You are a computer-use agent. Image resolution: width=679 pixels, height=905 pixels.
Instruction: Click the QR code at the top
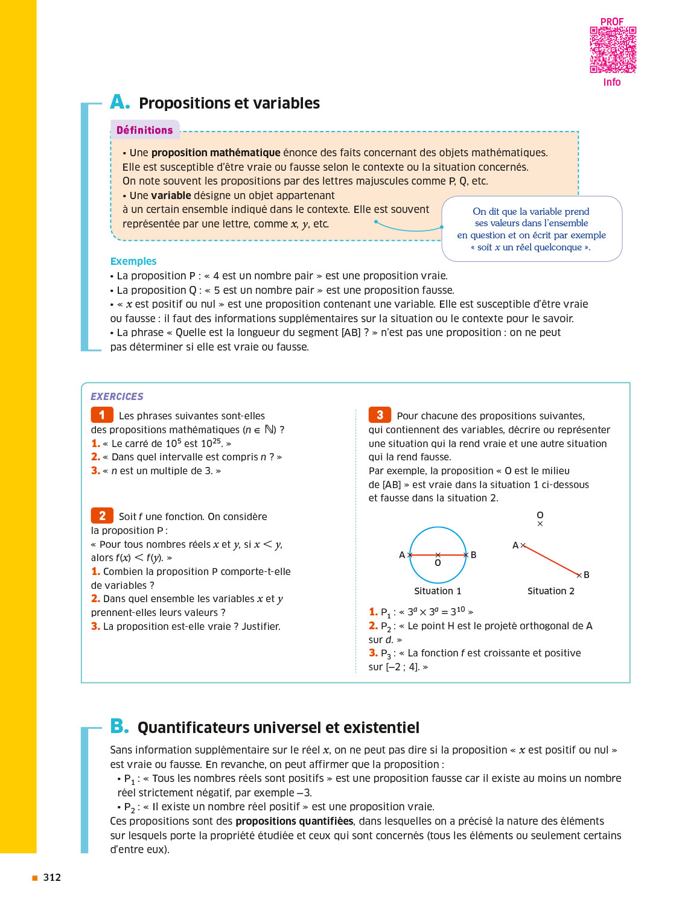[613, 50]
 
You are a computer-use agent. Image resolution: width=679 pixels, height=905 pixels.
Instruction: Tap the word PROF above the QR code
[612, 22]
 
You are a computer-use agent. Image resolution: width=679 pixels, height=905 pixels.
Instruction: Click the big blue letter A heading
[120, 102]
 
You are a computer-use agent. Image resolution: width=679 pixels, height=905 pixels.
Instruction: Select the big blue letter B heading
[120, 726]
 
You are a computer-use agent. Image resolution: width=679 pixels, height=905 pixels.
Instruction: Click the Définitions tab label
[144, 130]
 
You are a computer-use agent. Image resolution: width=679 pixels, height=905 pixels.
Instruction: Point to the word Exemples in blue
[133, 261]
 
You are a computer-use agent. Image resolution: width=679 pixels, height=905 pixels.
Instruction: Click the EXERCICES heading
[117, 396]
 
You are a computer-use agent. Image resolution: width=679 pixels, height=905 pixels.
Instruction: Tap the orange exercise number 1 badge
[102, 415]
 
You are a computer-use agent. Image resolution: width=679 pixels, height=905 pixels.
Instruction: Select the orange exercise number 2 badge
[102, 516]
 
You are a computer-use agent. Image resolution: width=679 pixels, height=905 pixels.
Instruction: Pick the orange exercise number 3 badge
[380, 415]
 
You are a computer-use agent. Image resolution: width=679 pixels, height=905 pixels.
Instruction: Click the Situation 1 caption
[438, 591]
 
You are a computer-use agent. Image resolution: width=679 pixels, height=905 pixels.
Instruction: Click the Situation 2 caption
[550, 591]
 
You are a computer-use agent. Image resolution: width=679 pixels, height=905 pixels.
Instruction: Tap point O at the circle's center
[438, 555]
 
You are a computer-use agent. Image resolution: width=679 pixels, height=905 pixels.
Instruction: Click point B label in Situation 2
[586, 575]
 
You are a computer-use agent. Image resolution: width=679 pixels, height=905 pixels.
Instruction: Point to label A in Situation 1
[402, 555]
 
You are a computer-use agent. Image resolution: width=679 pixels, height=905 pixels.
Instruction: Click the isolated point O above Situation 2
[540, 523]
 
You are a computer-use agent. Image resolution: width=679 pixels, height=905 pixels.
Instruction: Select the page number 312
[52, 877]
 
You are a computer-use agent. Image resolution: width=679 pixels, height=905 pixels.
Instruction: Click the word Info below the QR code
[612, 82]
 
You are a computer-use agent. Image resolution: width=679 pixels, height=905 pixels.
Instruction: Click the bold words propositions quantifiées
[294, 821]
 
